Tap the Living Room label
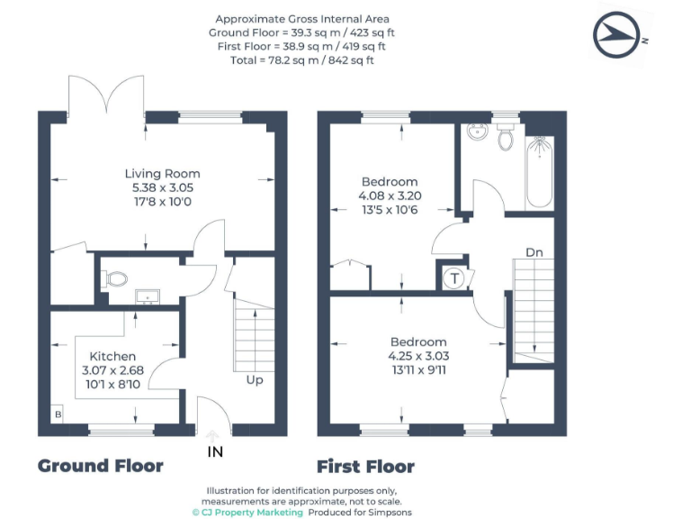[x=162, y=174]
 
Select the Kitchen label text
[x=112, y=357]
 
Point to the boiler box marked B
[x=58, y=415]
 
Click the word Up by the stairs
[x=255, y=380]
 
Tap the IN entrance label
[x=214, y=451]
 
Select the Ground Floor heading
[x=100, y=466]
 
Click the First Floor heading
[x=365, y=467]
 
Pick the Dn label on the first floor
[x=534, y=253]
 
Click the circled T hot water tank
[x=455, y=278]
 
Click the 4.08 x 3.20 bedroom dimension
[x=390, y=196]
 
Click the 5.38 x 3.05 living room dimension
[x=162, y=187]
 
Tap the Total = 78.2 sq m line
[x=303, y=60]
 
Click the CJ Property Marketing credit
[x=247, y=512]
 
